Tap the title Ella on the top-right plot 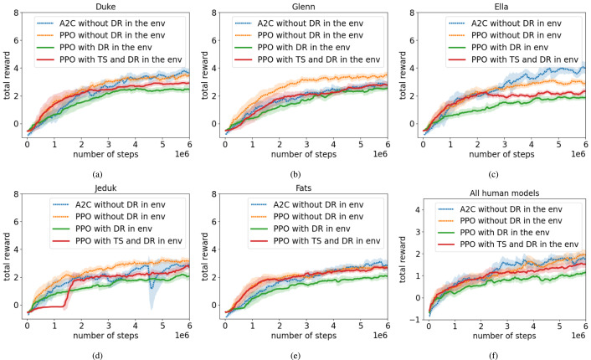(x=505, y=6)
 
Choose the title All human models (x=505, y=186)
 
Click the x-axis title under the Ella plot (x=505, y=153)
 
